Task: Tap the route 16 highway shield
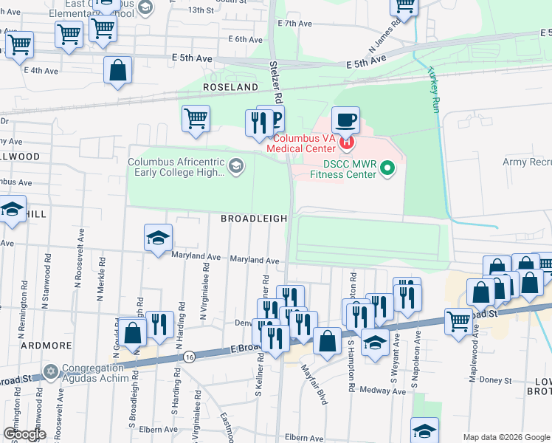(x=190, y=357)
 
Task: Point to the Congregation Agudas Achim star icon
(x=51, y=369)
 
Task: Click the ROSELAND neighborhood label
(x=231, y=87)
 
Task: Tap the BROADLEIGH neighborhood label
(x=253, y=219)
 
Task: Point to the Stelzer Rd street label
(x=275, y=81)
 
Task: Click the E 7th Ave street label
(x=295, y=24)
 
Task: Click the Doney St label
(x=496, y=380)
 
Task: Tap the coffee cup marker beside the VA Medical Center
(x=345, y=120)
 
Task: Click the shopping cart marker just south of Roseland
(x=196, y=118)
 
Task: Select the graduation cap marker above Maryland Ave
(x=158, y=238)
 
